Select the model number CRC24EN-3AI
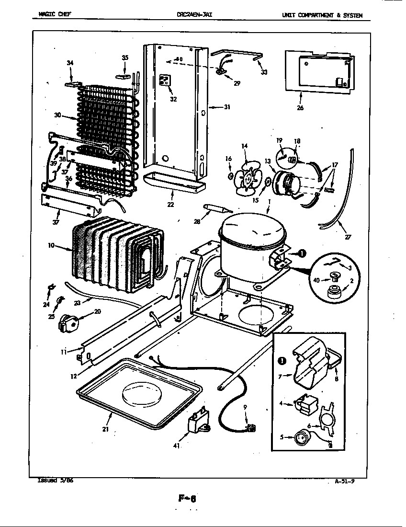point(194,15)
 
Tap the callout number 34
point(70,63)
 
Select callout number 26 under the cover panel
point(300,108)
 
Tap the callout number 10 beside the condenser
point(51,246)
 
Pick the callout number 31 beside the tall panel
point(226,107)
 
